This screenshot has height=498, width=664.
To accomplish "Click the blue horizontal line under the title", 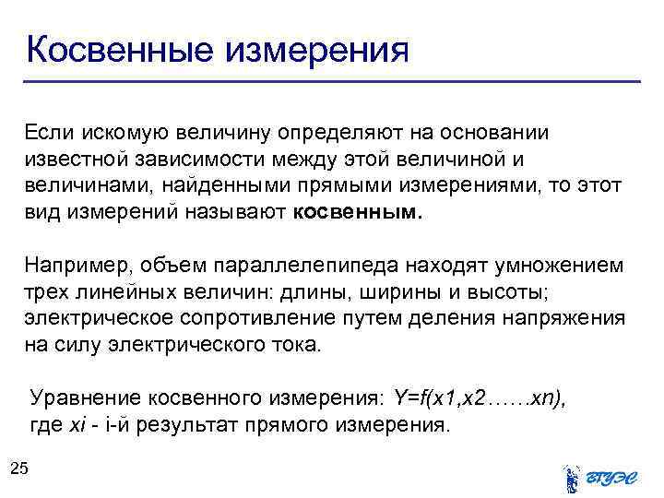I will click(332, 82).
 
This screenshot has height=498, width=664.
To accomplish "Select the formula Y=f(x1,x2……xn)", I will click(480, 398).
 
